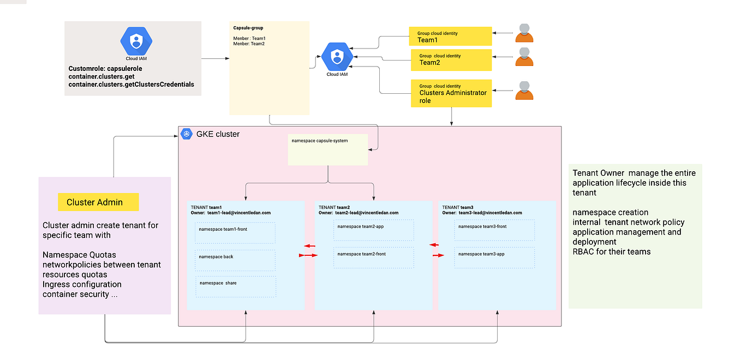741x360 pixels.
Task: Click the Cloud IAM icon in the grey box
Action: point(136,41)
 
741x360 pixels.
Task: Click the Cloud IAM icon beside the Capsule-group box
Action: point(337,57)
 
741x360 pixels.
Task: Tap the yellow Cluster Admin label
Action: point(98,202)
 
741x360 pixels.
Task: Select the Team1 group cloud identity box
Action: point(450,37)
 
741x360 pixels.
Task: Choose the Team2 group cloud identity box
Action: point(451,59)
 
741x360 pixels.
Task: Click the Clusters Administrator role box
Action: point(451,93)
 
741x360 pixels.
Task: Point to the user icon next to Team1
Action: point(524,33)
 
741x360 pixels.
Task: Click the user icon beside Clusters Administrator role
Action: point(524,91)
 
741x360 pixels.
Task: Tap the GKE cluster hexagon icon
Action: point(187,134)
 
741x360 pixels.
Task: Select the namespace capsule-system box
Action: point(328,149)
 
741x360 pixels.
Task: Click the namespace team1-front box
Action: point(235,233)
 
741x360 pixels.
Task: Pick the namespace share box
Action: point(236,287)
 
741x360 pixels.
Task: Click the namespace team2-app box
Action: point(374,230)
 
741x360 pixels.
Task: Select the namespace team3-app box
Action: point(494,257)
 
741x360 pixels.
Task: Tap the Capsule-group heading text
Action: point(248,27)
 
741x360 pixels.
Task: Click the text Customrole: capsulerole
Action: point(105,69)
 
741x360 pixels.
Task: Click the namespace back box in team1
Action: point(235,260)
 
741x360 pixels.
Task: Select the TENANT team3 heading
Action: point(458,207)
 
